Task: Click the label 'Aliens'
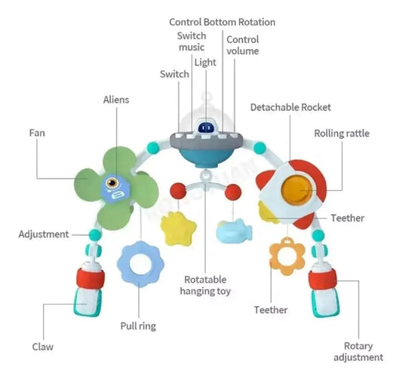click(116, 100)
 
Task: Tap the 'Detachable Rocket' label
click(290, 107)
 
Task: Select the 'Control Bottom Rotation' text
click(222, 22)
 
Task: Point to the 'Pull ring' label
click(138, 326)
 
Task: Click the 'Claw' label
click(43, 347)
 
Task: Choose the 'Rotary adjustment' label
click(358, 351)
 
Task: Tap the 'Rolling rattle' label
click(342, 133)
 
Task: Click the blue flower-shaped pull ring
click(140, 264)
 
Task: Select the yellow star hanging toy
click(179, 228)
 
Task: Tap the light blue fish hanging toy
click(234, 230)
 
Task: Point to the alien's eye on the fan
click(112, 182)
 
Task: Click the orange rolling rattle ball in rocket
click(297, 190)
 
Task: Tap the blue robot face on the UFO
click(206, 127)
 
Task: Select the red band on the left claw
click(91, 278)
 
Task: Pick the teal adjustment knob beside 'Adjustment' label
click(95, 234)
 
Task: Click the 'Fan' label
click(37, 133)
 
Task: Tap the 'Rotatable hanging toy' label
click(205, 285)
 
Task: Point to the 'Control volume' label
click(243, 45)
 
